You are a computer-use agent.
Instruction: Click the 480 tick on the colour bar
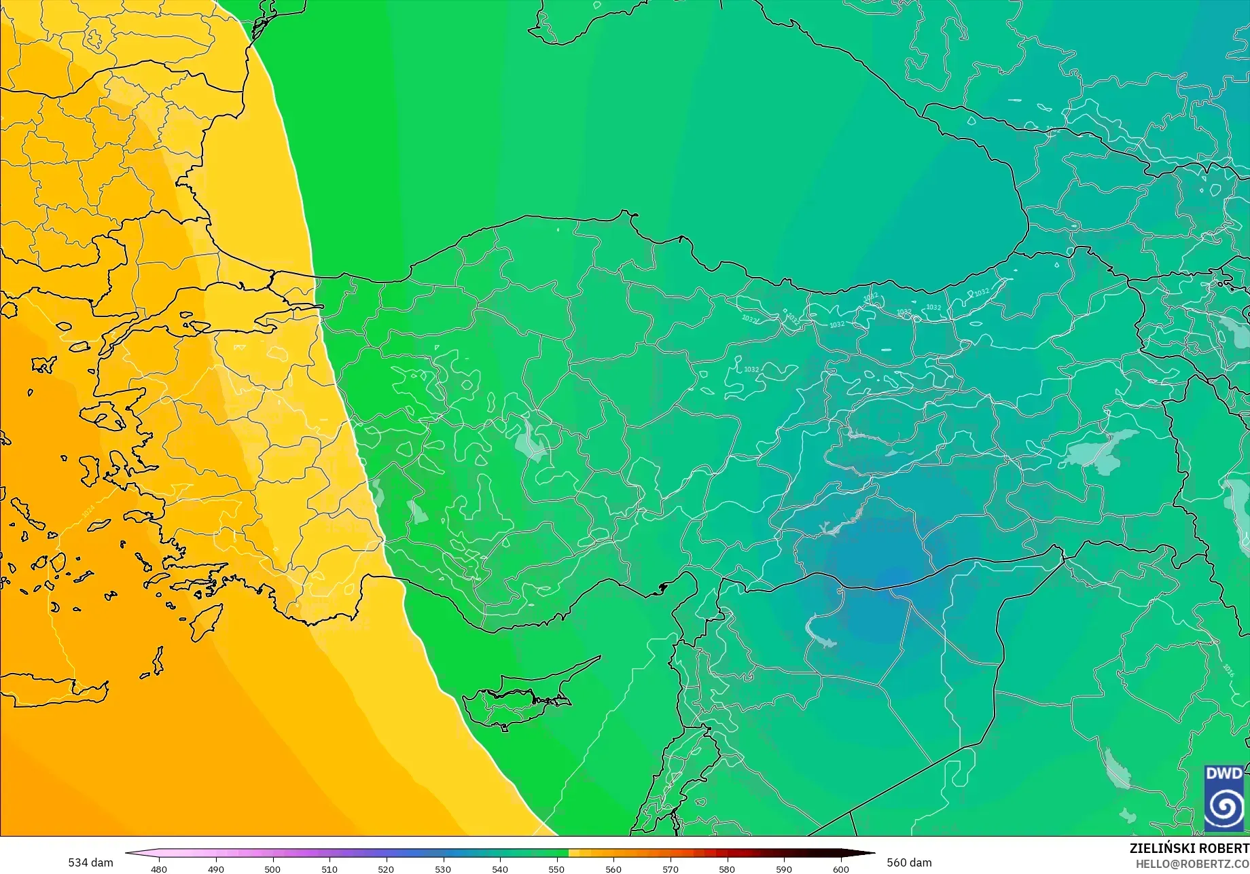pos(159,869)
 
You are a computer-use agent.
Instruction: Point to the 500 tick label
pos(272,869)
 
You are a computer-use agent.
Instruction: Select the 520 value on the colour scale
pos(386,869)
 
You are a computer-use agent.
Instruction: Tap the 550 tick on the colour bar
pos(556,869)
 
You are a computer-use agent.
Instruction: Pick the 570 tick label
pos(671,869)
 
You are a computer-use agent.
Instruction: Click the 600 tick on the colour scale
pos(841,869)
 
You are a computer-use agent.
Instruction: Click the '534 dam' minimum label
pos(90,862)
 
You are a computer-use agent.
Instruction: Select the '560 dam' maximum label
pos(909,862)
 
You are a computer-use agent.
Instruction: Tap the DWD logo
pos(1224,798)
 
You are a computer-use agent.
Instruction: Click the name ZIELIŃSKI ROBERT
pos(1189,848)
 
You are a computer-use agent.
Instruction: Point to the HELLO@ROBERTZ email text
pos(1192,864)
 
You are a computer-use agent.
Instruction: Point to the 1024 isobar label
pos(88,512)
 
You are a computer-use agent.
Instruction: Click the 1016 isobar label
pos(1228,670)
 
